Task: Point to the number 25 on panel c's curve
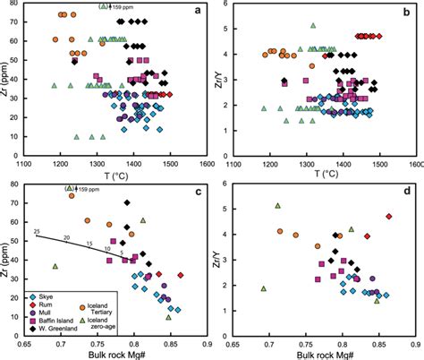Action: (x=37, y=232)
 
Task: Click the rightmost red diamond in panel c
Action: (x=181, y=275)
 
